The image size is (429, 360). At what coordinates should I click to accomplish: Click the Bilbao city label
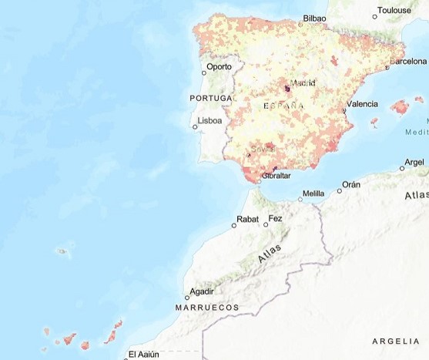click(x=314, y=18)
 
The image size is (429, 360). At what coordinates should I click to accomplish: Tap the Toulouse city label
click(x=394, y=12)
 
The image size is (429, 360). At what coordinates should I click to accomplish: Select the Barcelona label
click(x=407, y=60)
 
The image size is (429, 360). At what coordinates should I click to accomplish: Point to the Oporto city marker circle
click(x=203, y=73)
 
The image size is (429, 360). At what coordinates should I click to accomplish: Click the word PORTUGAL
click(x=211, y=99)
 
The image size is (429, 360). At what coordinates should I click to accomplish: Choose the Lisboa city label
click(x=210, y=121)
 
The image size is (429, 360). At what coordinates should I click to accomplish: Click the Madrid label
click(x=303, y=83)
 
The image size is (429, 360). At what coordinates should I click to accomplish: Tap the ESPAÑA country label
click(x=283, y=105)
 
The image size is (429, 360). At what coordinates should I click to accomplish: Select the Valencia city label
click(x=362, y=103)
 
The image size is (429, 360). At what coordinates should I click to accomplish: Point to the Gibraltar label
click(x=277, y=176)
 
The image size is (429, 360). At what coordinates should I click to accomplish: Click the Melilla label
click(x=313, y=193)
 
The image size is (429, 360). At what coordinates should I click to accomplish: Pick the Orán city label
click(x=351, y=184)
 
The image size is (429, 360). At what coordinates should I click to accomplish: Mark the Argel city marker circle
click(x=402, y=167)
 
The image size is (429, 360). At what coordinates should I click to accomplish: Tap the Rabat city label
click(x=248, y=220)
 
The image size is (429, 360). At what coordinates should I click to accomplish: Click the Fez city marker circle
click(x=266, y=224)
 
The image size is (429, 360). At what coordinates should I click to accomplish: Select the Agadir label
click(x=203, y=291)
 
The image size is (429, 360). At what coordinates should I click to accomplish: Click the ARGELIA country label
click(x=396, y=341)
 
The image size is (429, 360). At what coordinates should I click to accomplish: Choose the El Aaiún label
click(x=143, y=354)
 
